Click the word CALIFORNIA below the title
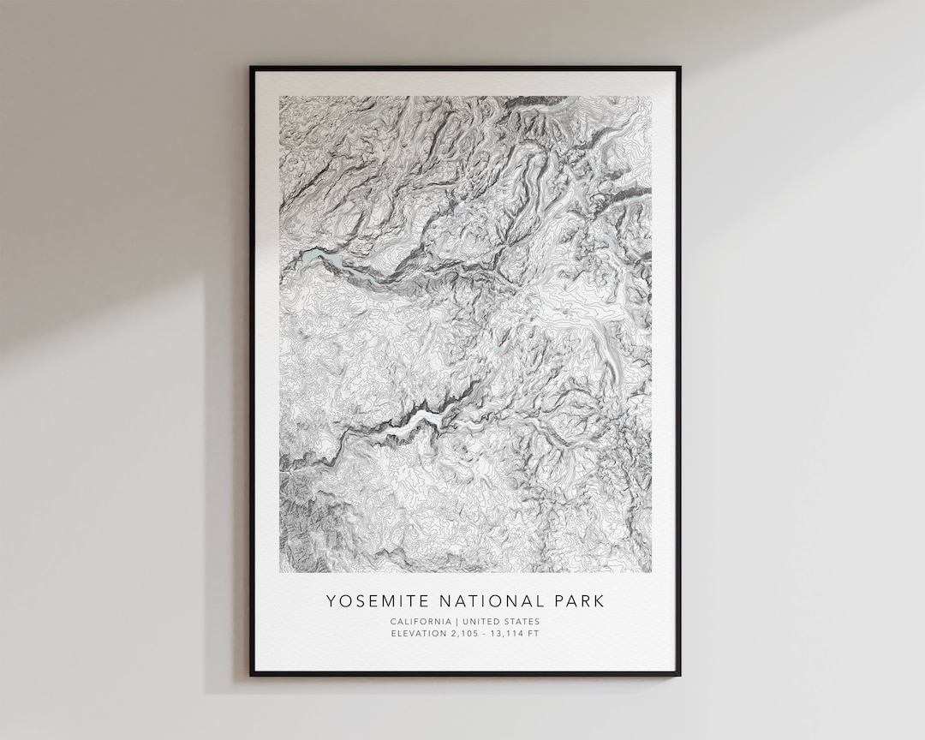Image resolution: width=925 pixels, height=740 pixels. (x=420, y=622)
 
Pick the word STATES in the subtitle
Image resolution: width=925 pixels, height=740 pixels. (x=520, y=622)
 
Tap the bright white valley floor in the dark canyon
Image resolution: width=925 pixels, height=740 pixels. (x=420, y=421)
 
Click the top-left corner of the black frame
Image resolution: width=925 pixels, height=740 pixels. (x=252, y=68)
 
